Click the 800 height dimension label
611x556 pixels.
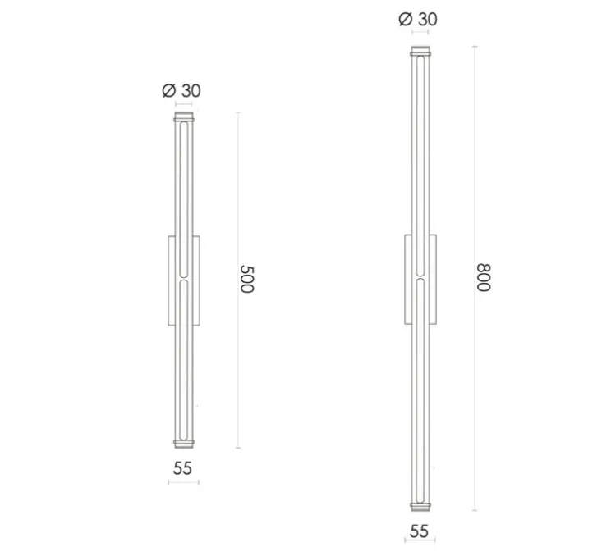[484, 278]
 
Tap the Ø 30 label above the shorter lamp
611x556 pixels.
[181, 90]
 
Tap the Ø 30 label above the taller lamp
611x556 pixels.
[419, 19]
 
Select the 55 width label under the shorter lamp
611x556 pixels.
[182, 468]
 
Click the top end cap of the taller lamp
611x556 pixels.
[420, 52]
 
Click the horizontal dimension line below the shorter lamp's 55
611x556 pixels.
[183, 481]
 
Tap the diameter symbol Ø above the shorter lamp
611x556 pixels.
[168, 90]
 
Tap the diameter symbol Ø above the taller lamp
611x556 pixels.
[406, 19]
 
